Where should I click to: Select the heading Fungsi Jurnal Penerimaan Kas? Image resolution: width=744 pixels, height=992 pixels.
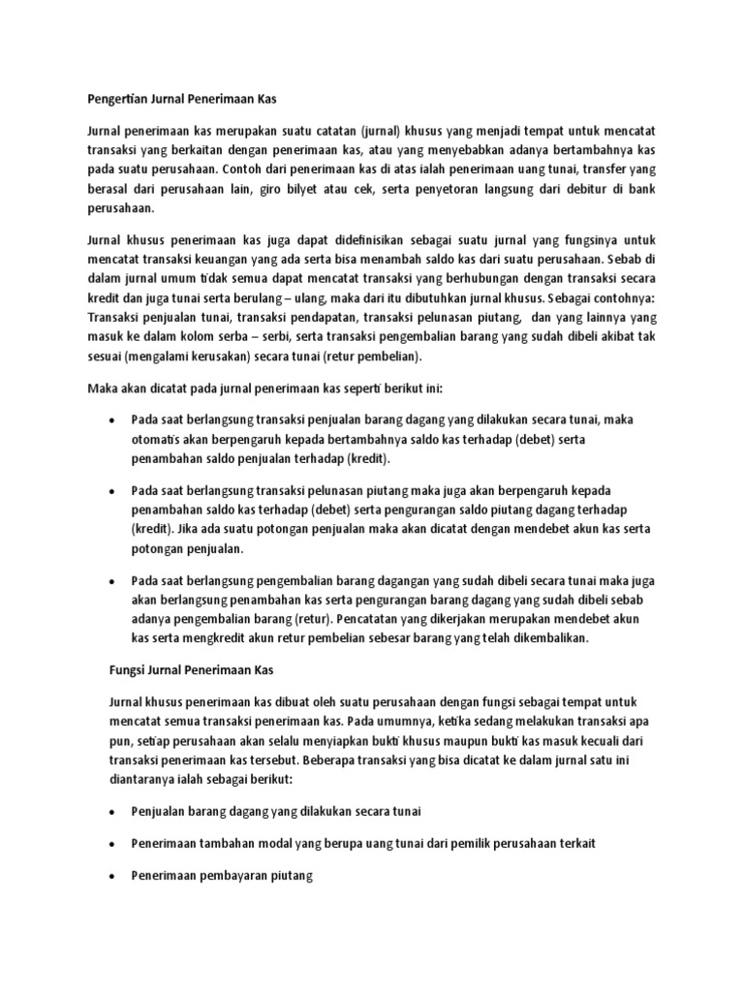coord(190,669)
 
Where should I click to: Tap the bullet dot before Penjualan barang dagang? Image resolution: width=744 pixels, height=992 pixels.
coord(112,812)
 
